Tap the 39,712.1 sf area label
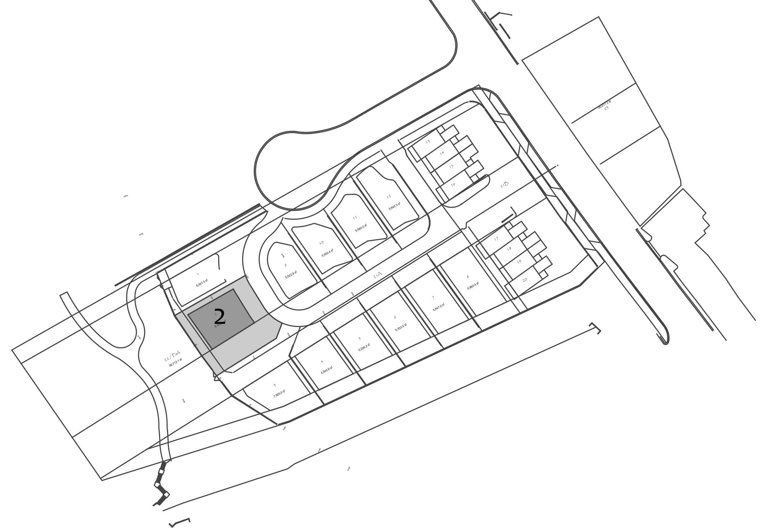[x=175, y=363]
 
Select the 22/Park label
[x=172, y=356]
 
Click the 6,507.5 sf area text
[x=202, y=283]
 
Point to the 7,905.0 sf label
[x=279, y=394]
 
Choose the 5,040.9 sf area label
[x=326, y=370]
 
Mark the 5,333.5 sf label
[x=401, y=327]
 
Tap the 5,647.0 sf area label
[x=439, y=307]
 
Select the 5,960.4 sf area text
[x=473, y=286]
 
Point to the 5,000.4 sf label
[x=327, y=253]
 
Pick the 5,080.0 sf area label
[x=361, y=228]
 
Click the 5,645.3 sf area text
[x=395, y=206]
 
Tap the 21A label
[x=378, y=275]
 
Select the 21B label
[x=504, y=184]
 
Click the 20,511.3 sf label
[x=604, y=105]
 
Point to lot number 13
[x=428, y=142]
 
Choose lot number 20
[x=525, y=280]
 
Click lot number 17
[x=496, y=239]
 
